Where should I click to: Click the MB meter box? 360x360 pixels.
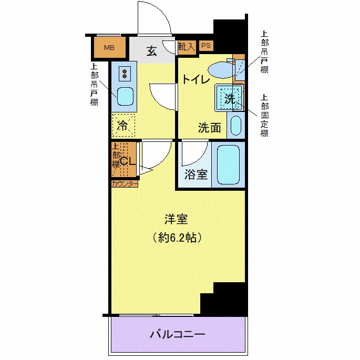109,48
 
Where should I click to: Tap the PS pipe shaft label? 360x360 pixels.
206,46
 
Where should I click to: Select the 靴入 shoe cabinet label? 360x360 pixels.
186,46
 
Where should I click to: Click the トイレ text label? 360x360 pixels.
196,80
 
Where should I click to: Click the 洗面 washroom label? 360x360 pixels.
209,127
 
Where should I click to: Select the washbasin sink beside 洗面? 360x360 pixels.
236,126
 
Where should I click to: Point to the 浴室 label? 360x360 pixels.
196,174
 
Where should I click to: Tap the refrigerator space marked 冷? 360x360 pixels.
123,126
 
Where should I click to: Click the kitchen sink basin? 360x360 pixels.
125,97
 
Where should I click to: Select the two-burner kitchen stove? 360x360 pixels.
125,73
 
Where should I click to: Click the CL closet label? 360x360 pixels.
128,161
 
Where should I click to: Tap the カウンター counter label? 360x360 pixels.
125,184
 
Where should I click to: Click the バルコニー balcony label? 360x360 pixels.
177,334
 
